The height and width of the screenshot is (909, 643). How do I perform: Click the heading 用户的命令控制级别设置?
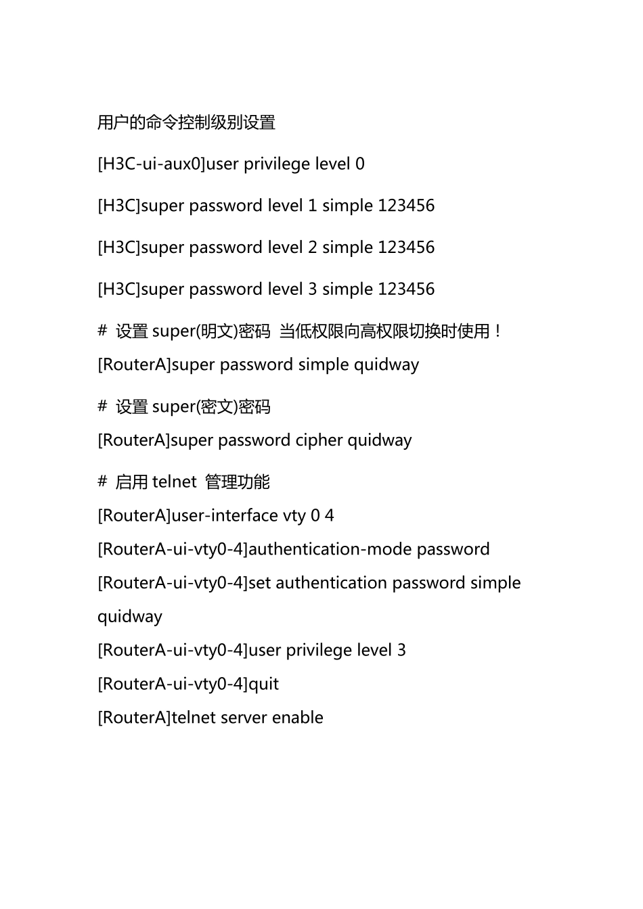186,122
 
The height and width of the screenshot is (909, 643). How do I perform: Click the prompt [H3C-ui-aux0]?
151,164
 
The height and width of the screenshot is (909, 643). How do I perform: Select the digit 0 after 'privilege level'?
360,164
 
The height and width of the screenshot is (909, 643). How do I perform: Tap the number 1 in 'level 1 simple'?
312,206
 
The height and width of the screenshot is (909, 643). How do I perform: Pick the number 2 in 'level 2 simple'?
312,248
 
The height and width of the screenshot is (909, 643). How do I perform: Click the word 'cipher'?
319,440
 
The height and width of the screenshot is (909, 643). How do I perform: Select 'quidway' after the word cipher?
380,441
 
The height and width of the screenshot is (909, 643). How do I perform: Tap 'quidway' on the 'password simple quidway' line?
386,365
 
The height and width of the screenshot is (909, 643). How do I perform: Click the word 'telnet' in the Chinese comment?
175,482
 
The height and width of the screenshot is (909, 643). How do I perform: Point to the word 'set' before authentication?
259,583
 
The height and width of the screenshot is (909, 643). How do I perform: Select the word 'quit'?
263,684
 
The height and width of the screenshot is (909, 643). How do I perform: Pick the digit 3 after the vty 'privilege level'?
401,651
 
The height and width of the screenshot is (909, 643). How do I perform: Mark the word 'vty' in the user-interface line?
294,516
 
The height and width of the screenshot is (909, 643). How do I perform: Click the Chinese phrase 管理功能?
238,482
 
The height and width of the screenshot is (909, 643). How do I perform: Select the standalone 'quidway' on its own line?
130,617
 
